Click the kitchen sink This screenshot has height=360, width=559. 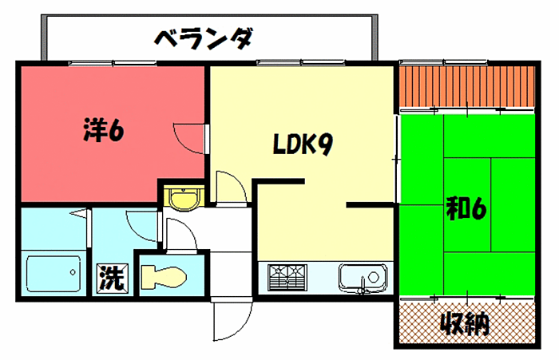pyautogui.click(x=362, y=278)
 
